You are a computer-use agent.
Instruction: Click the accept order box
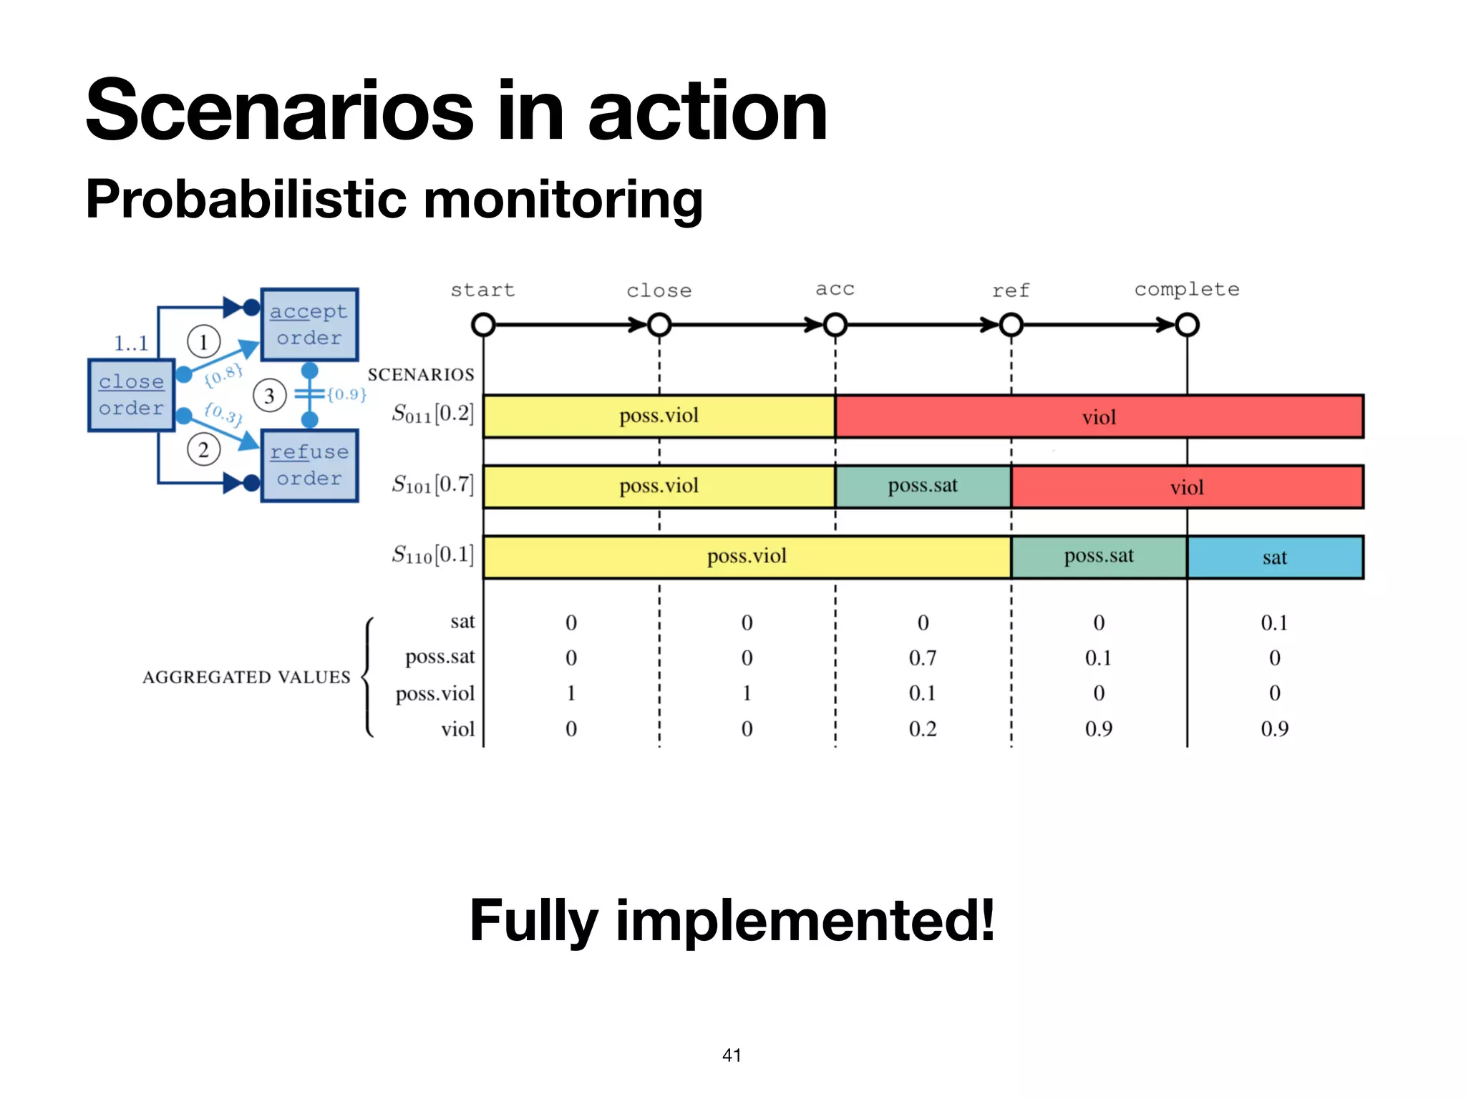[309, 324]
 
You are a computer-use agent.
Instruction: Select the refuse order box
[309, 465]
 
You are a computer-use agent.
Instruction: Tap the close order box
[131, 395]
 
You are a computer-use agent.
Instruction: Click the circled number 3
[269, 396]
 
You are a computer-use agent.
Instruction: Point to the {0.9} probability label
[346, 394]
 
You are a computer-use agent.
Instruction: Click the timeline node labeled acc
[835, 325]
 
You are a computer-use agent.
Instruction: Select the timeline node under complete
[1187, 325]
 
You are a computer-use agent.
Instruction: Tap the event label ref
[1010, 290]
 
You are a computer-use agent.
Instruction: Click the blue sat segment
[1275, 557]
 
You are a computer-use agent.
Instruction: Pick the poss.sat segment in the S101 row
[923, 487]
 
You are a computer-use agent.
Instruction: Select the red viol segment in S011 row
[1099, 416]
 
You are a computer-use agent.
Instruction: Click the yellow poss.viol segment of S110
[747, 557]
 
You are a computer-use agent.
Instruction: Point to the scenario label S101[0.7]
[432, 485]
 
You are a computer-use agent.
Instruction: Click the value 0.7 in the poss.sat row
[923, 658]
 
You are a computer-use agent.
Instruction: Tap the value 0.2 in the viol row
[923, 729]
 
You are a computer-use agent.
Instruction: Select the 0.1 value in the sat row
[1274, 622]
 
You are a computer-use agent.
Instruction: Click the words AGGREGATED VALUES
[246, 677]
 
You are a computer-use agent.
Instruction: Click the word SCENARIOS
[421, 374]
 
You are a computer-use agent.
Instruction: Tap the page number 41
[732, 1055]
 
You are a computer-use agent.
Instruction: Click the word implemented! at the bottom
[805, 921]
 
